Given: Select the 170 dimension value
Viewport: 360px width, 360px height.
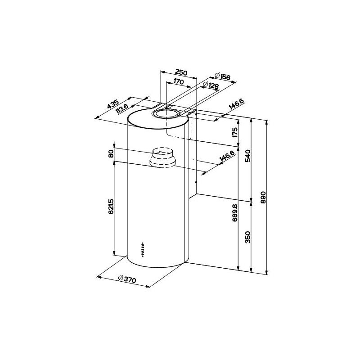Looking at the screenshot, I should point(178,82).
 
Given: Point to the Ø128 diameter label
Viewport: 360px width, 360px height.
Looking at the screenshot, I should point(210,86).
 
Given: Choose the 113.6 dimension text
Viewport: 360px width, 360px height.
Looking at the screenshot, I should point(122,109).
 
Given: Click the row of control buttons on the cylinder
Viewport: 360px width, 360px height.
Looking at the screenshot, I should point(142,248).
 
